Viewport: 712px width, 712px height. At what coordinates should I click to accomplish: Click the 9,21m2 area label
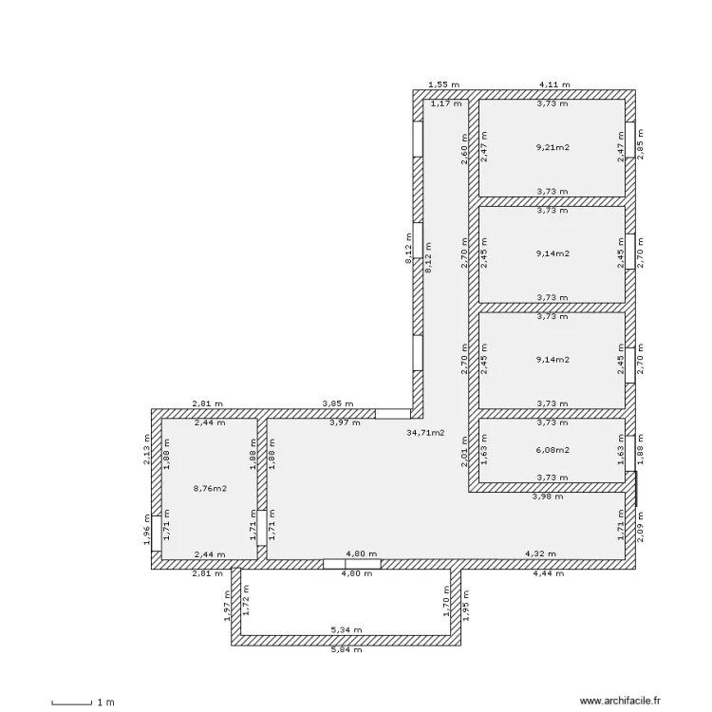(x=553, y=147)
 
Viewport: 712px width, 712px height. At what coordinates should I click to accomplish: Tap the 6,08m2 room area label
(x=553, y=450)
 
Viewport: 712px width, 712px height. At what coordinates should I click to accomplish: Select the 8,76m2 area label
(x=210, y=489)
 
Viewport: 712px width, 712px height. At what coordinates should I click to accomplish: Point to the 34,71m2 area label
(x=425, y=433)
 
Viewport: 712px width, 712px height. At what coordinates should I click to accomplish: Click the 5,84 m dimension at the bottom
(x=347, y=649)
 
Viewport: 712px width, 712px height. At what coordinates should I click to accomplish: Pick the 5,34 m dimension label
(x=347, y=629)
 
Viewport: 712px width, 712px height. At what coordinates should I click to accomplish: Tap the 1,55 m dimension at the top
(x=444, y=84)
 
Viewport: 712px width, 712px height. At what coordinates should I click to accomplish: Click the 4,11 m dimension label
(x=554, y=84)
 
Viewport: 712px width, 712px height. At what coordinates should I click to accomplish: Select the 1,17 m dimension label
(x=446, y=103)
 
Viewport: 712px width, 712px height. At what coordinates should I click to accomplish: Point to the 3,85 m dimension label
(x=338, y=403)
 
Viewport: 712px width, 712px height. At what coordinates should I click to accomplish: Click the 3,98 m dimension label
(x=548, y=497)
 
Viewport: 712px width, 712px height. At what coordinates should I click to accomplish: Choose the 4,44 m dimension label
(x=549, y=573)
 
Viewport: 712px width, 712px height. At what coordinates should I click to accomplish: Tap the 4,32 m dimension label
(x=540, y=554)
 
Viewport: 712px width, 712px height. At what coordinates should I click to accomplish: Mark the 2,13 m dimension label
(x=146, y=450)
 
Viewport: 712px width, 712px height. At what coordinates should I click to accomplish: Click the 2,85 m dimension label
(x=640, y=144)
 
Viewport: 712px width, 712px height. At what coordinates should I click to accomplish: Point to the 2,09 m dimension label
(x=640, y=527)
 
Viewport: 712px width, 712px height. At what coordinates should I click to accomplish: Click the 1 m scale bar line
(x=72, y=704)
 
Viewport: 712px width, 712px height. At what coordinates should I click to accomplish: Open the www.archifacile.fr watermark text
(x=620, y=702)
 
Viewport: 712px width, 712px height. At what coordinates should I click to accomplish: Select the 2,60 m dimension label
(x=464, y=149)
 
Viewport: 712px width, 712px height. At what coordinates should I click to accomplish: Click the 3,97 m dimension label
(x=345, y=422)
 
